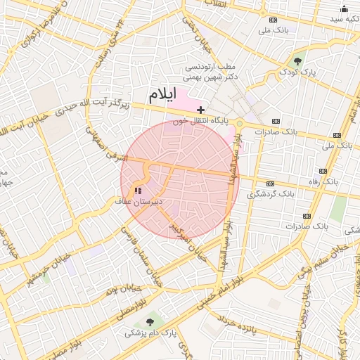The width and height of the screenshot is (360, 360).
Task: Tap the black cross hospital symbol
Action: tap(201, 110)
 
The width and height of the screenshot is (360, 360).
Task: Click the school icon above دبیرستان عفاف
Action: tap(137, 191)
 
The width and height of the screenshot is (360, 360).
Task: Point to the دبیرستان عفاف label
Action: tap(139, 202)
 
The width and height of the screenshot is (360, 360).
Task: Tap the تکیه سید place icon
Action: tap(344, 9)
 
